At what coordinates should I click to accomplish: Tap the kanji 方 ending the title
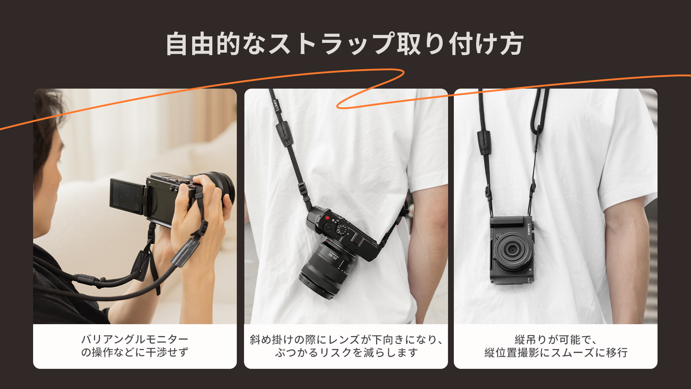click(x=511, y=44)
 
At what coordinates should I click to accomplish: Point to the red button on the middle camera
click(x=328, y=218)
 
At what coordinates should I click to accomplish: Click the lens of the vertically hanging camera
click(x=512, y=250)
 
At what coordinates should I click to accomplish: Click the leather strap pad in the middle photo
click(x=284, y=133)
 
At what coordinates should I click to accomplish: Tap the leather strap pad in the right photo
click(x=484, y=143)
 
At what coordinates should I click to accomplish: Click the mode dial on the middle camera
click(x=342, y=229)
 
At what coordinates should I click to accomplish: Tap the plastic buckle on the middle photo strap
click(x=302, y=188)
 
